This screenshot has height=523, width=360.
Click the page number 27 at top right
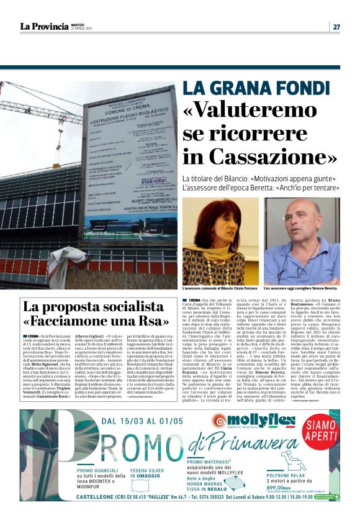pos(336,26)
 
